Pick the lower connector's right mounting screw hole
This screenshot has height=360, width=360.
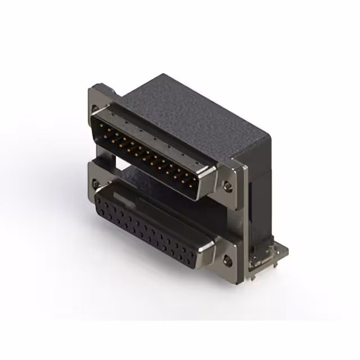click(x=228, y=260)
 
